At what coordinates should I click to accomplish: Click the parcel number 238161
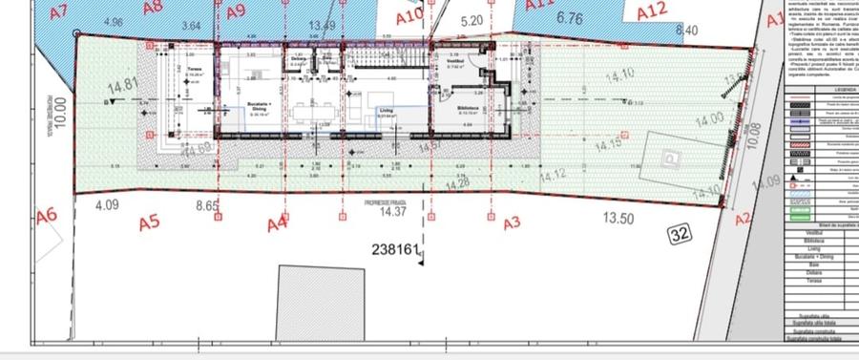tap(396, 250)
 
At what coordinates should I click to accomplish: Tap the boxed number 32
tap(680, 232)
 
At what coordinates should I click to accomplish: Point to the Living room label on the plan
tap(388, 111)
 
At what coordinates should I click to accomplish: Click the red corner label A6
tap(47, 216)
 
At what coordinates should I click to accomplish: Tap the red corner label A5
tap(148, 223)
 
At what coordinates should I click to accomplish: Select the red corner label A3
tap(512, 223)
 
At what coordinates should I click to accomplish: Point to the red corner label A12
tap(651, 10)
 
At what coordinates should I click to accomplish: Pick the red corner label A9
tap(237, 11)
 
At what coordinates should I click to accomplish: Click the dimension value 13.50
tap(618, 218)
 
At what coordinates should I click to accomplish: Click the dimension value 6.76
tap(569, 17)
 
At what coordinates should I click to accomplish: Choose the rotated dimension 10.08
tap(753, 138)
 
